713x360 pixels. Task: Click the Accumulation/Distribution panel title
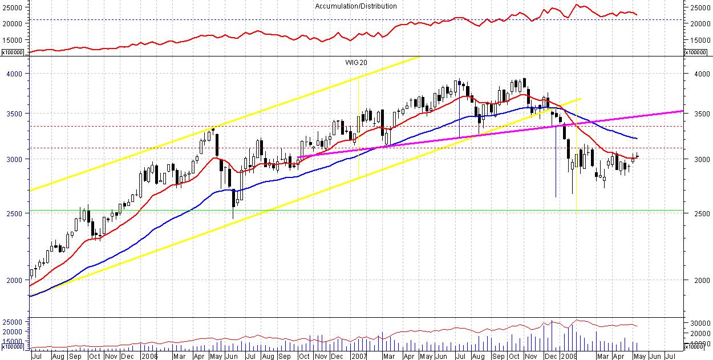[x=356, y=6]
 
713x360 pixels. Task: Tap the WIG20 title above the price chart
[x=356, y=61]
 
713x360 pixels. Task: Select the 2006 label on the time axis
[x=149, y=355]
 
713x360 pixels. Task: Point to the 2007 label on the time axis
[x=358, y=355]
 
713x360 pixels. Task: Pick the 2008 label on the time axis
[x=568, y=355]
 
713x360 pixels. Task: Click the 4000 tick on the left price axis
[x=15, y=74]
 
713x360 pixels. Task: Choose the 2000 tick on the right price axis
[x=698, y=280]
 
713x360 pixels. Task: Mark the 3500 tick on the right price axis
[x=698, y=114]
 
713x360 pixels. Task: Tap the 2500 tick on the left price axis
[x=15, y=213]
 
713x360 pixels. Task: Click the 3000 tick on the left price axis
[x=15, y=159]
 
